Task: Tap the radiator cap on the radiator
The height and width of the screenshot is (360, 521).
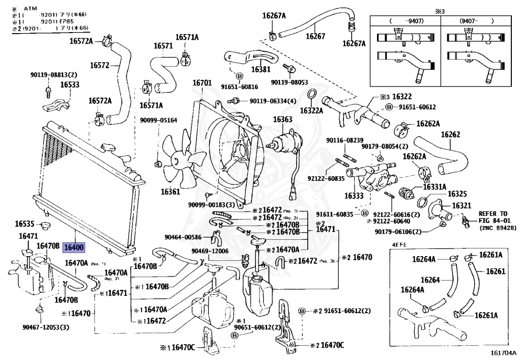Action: pyautogui.click(x=111, y=148)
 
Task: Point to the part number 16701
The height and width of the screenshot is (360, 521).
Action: pyautogui.click(x=202, y=83)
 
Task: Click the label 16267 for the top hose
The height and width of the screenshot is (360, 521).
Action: pyautogui.click(x=315, y=36)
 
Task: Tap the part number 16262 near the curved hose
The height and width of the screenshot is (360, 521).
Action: pyautogui.click(x=450, y=135)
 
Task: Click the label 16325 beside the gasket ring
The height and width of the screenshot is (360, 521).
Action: pyautogui.click(x=457, y=194)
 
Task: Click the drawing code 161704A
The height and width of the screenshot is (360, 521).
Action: pyautogui.click(x=503, y=352)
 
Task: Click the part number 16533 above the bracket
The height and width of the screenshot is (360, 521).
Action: pyautogui.click(x=70, y=85)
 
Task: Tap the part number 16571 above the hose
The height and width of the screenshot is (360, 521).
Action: pyautogui.click(x=164, y=46)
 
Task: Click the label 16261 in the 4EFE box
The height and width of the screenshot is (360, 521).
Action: pyautogui.click(x=496, y=271)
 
